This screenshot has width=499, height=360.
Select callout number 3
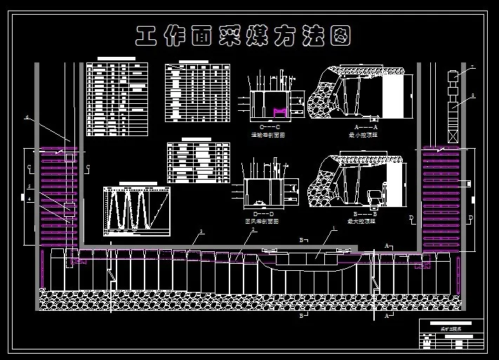[201, 232]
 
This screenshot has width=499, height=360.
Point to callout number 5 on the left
[29, 186]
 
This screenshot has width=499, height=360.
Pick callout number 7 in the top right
[472, 67]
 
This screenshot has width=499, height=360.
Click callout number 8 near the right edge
[472, 95]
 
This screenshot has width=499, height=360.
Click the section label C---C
[270, 126]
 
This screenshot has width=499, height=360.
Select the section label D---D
[262, 213]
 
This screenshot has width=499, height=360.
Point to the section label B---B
[365, 213]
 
